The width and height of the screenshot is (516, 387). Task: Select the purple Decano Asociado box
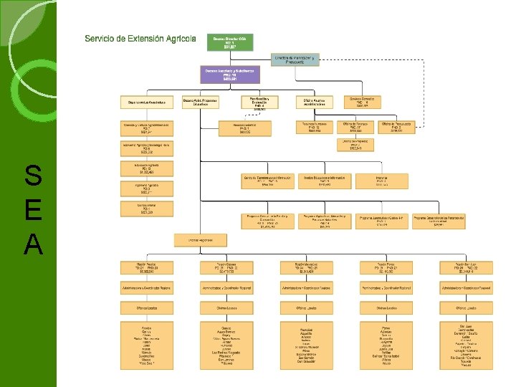[x=231, y=74]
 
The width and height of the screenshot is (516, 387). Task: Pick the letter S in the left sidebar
[x=33, y=175]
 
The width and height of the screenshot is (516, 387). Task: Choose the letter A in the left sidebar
[x=33, y=246]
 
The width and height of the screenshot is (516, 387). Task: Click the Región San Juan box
[x=466, y=267]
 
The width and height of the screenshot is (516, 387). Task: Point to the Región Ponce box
[x=386, y=267]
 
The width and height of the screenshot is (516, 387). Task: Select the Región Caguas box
[x=226, y=267]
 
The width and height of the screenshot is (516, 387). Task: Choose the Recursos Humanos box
[x=315, y=127]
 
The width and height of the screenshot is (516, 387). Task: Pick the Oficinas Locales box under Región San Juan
[x=466, y=307]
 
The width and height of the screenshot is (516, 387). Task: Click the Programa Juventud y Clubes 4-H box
[x=382, y=220]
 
